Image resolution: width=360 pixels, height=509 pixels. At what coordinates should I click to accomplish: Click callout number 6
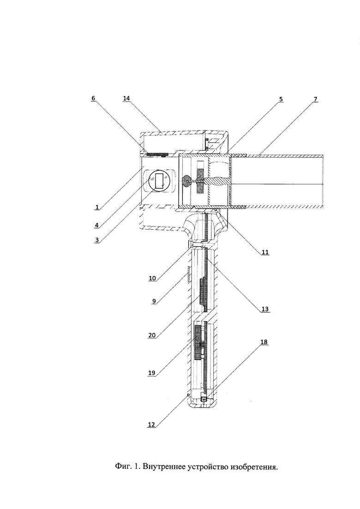pos(93,98)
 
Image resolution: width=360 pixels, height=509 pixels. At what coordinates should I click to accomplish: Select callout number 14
pos(127,98)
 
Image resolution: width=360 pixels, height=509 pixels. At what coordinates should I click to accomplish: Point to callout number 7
pos(315,98)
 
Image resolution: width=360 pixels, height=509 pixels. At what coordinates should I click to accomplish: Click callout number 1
pos(96,206)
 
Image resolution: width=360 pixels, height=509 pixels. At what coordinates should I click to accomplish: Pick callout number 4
pos(96,224)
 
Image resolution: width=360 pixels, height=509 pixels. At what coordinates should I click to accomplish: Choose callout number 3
pos(96,240)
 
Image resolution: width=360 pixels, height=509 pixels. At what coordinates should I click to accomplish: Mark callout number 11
pos(265,252)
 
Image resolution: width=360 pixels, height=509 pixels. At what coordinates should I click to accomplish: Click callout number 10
pos(152,278)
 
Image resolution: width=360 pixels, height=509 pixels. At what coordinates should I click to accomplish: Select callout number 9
pos(154,301)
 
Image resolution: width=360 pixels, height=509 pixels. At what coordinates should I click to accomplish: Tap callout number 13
pos(265,309)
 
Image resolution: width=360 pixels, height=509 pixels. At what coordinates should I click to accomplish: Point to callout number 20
pos(152,335)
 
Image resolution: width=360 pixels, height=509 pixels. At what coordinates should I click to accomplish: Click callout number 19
pos(152,373)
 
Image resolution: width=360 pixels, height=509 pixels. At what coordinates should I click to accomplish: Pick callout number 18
pos(264,342)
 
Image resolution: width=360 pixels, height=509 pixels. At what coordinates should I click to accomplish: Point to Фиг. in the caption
pos(122,467)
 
